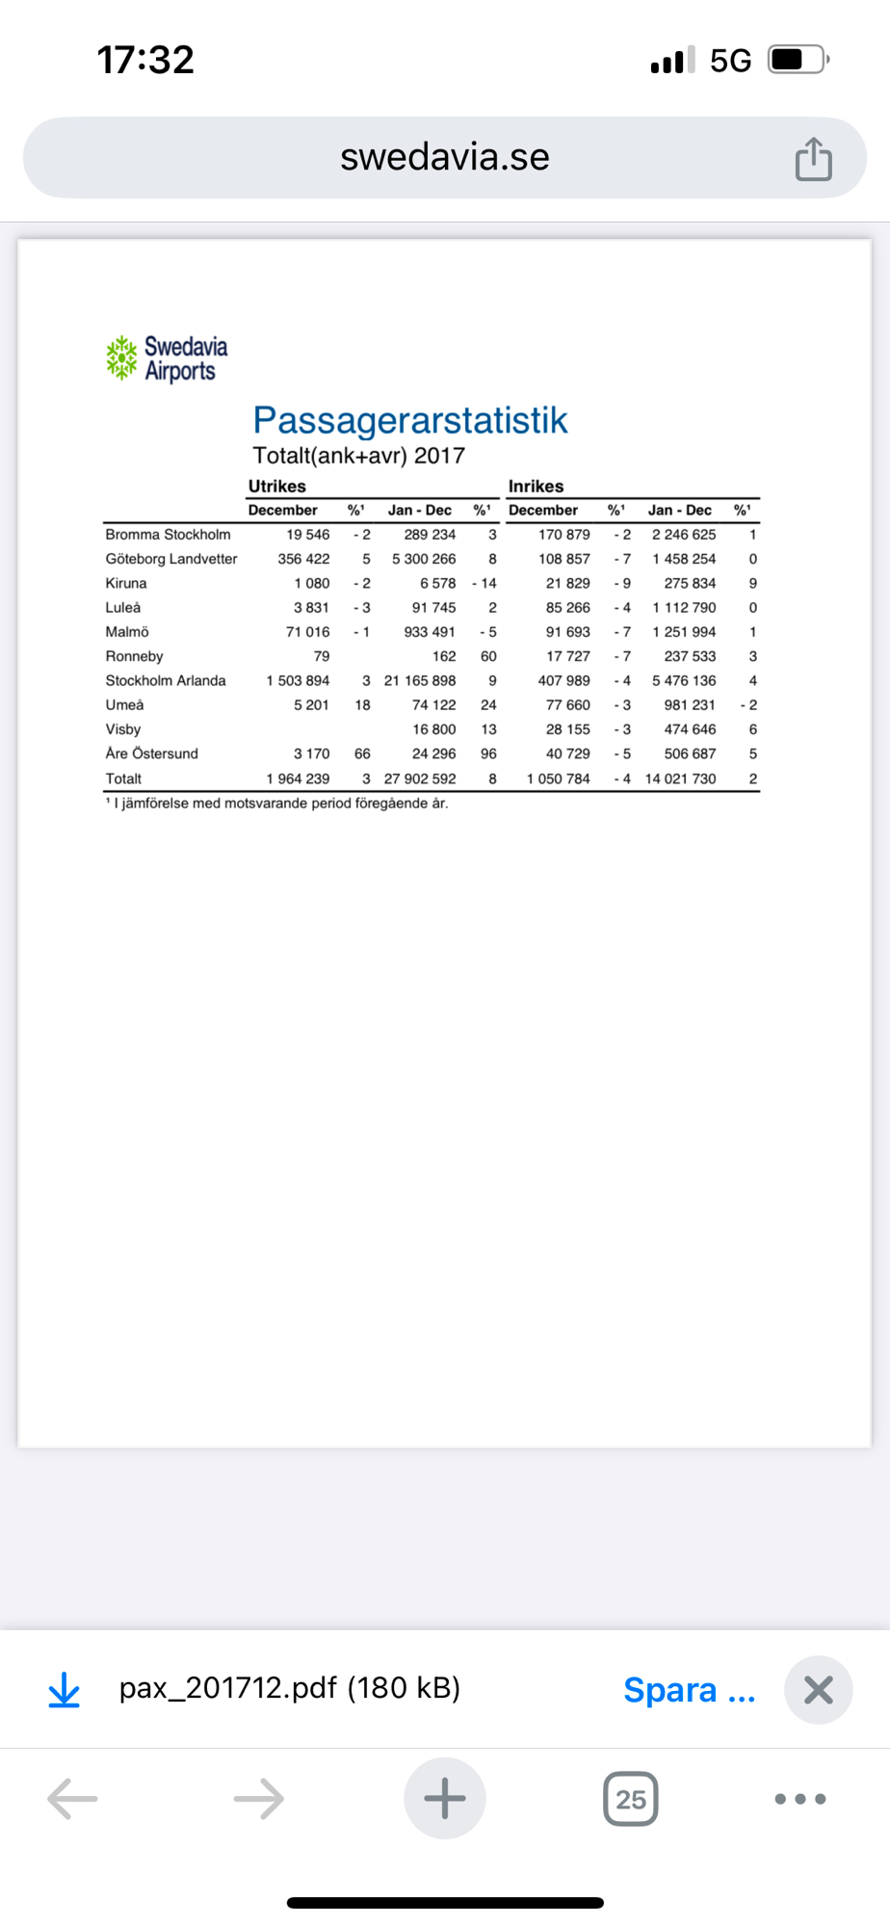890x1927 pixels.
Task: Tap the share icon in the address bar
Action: tap(813, 159)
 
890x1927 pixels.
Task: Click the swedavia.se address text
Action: tap(444, 157)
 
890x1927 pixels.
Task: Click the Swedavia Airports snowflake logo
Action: tap(121, 357)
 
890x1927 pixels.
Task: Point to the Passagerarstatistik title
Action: tap(410, 420)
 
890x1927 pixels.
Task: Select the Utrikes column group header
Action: tap(277, 487)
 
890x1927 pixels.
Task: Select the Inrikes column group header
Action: tap(536, 487)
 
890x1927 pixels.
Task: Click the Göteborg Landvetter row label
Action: tap(171, 559)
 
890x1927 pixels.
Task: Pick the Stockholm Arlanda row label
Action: tap(166, 680)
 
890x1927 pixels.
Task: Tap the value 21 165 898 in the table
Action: tap(420, 680)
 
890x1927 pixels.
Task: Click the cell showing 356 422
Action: tap(303, 559)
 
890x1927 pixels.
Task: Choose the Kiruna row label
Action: tap(126, 583)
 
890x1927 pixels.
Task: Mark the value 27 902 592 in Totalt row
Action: tap(420, 779)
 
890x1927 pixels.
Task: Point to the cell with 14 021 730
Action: tap(680, 779)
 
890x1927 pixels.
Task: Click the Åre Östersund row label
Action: tap(152, 753)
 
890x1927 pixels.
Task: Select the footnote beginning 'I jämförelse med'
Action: tap(279, 804)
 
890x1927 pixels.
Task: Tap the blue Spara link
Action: tap(689, 1690)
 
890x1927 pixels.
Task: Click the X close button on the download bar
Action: tap(818, 1690)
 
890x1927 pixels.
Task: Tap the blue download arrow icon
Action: tap(65, 1690)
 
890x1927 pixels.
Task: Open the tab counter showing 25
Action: tap(631, 1799)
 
